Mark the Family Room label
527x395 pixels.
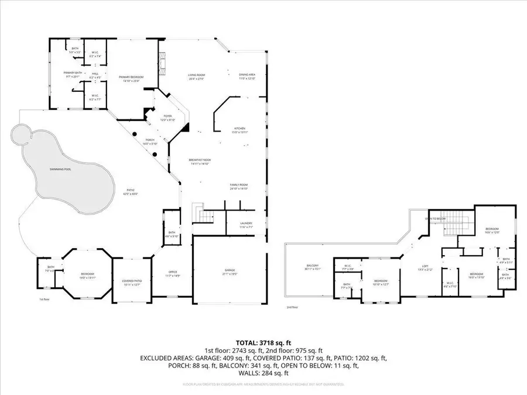click(239, 187)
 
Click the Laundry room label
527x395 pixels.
click(246, 224)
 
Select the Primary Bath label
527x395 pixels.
click(72, 74)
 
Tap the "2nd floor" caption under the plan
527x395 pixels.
click(292, 307)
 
